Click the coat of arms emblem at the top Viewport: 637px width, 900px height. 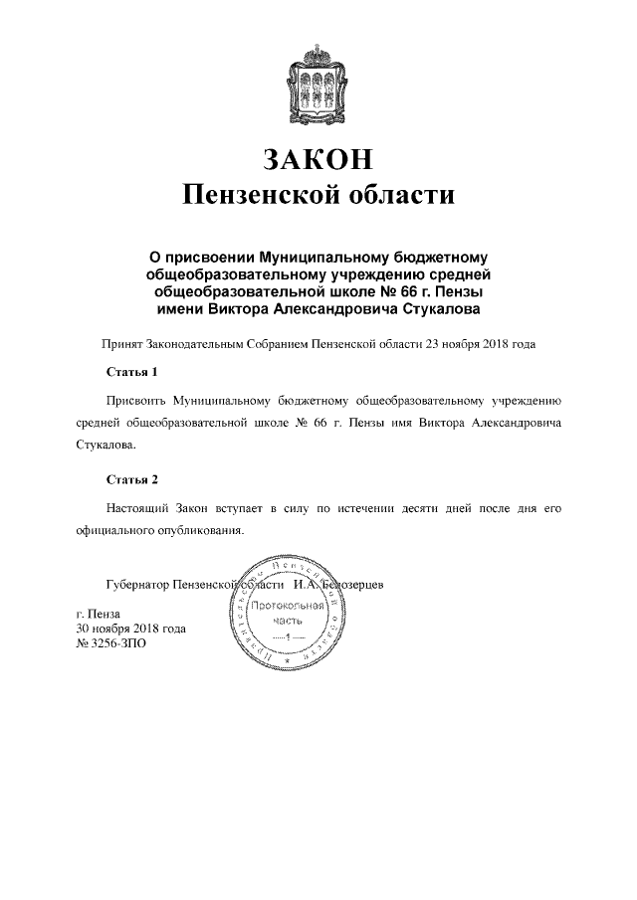[318, 79]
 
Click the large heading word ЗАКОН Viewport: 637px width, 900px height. [318, 159]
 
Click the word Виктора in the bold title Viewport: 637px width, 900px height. [245, 311]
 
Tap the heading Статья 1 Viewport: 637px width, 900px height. [131, 374]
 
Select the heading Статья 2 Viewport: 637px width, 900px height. [131, 480]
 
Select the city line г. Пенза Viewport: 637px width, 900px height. [99, 615]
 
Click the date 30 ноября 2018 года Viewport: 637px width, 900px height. [130, 629]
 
